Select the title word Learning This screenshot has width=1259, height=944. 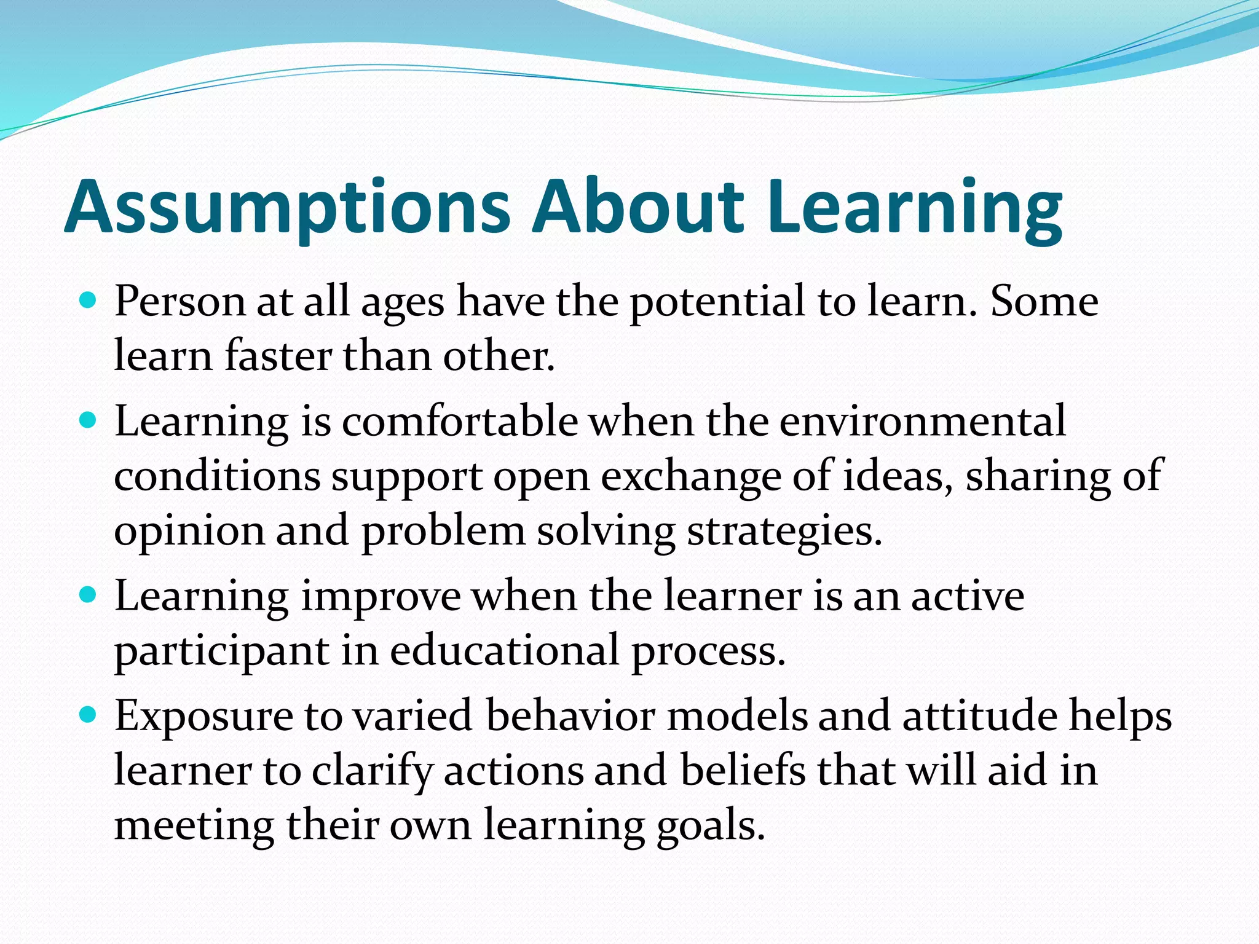tap(915, 208)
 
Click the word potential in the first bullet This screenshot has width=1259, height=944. tap(717, 302)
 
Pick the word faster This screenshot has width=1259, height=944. tap(278, 356)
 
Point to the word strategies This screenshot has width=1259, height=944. tap(784, 531)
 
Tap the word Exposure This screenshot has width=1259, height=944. tap(204, 717)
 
